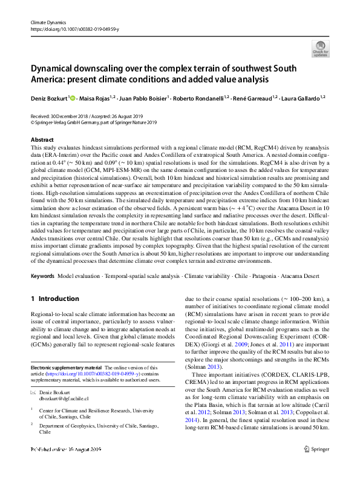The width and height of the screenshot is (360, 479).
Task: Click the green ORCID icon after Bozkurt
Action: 73,96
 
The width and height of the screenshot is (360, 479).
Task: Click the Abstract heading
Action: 42,139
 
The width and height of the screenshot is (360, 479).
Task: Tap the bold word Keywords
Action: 42,276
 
